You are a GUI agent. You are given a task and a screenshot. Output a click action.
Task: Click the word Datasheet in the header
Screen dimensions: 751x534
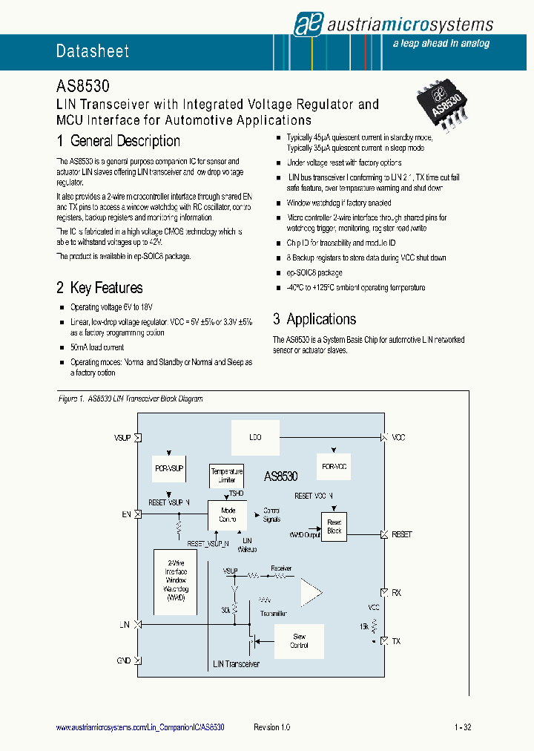coord(93,51)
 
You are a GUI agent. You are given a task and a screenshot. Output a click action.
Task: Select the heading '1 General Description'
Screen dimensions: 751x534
coord(119,141)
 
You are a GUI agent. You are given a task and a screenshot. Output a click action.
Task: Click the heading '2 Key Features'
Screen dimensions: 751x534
coord(100,288)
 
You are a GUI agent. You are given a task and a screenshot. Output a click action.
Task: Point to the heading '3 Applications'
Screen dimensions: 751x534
coord(314,319)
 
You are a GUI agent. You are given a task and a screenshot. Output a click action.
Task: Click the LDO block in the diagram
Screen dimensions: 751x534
coord(256,438)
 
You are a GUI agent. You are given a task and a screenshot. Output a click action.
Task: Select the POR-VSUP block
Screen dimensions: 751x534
coord(168,469)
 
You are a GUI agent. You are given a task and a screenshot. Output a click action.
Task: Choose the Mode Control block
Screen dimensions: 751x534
coord(228,515)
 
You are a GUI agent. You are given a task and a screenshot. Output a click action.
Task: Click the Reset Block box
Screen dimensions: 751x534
coord(334,526)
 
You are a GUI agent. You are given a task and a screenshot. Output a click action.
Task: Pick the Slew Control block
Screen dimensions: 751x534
coord(300,641)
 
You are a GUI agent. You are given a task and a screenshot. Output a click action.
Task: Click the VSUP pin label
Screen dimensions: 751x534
coord(122,439)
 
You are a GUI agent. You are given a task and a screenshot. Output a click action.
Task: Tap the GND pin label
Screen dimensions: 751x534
coord(124,660)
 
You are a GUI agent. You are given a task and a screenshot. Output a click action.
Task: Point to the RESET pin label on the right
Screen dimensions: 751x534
coord(402,534)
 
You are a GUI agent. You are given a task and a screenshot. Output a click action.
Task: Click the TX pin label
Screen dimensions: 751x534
coord(396,640)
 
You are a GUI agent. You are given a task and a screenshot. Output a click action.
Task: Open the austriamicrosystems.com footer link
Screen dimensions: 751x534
coord(140,727)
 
